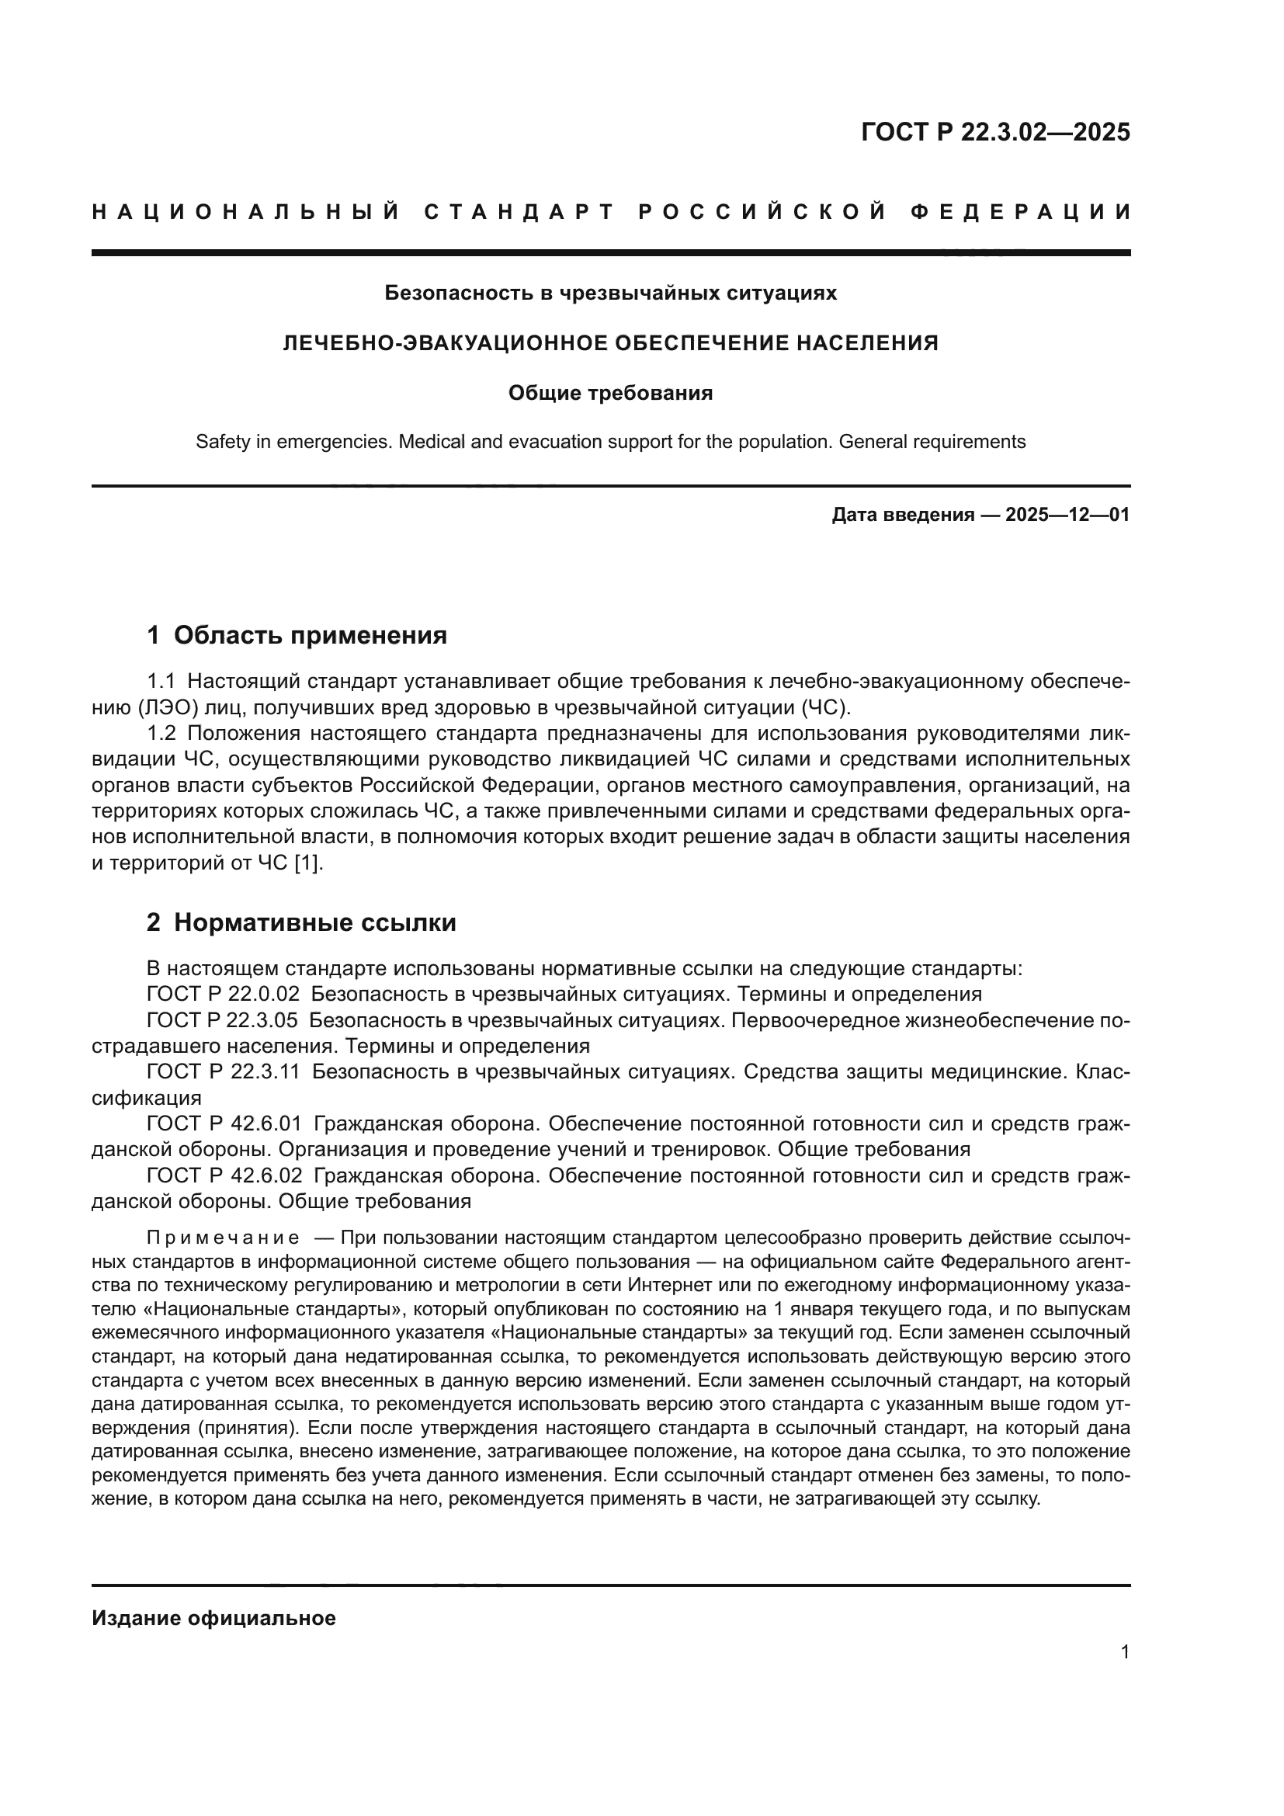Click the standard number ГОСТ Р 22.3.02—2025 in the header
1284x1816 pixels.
click(x=994, y=132)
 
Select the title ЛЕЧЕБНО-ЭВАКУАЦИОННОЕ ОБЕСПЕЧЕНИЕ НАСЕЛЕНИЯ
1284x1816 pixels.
click(x=610, y=343)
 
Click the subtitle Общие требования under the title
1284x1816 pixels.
click(x=610, y=393)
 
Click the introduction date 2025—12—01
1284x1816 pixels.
click(x=1067, y=516)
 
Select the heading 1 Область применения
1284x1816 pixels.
click(x=297, y=635)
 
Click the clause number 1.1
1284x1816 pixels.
click(x=161, y=681)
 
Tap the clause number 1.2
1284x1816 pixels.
click(x=161, y=733)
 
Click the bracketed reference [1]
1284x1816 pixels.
click(x=307, y=863)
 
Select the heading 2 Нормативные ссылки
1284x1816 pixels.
click(x=301, y=922)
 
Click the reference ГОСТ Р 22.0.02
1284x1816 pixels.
click(x=223, y=995)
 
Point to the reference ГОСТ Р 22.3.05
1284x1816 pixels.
click(x=223, y=1020)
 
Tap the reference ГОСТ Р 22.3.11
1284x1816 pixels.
click(x=223, y=1071)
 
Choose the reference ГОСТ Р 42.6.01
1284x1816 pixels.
click(x=223, y=1124)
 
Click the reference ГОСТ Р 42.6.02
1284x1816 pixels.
click(x=223, y=1176)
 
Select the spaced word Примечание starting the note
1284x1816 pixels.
click(x=223, y=1236)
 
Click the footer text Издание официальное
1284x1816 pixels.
click(x=213, y=1618)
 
